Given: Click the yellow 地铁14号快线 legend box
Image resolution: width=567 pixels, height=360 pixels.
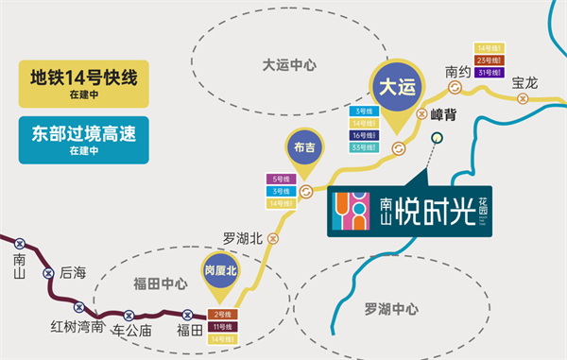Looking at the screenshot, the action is [86, 82].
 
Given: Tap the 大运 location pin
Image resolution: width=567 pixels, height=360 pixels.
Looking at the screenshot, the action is [398, 90].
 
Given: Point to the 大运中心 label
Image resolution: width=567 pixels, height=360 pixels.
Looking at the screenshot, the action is [289, 65].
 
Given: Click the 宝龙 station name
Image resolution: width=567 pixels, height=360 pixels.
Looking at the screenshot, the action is [524, 83].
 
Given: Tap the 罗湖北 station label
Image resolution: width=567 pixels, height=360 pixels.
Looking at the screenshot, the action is [242, 238].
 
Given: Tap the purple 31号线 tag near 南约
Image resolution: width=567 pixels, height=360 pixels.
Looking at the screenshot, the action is [490, 73].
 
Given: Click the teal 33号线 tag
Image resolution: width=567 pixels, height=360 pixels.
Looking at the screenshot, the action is [364, 147].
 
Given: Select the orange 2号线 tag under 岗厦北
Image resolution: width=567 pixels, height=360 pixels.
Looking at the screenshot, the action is [223, 314].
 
